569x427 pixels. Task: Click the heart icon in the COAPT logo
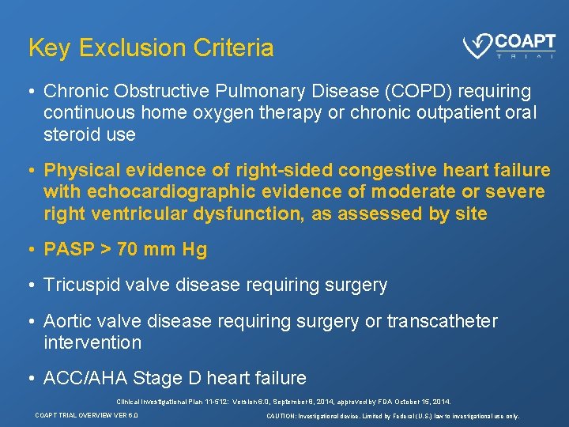coord(477,47)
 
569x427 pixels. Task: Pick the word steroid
coord(70,134)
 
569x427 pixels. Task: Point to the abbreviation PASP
coord(70,250)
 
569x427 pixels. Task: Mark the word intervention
coord(92,342)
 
